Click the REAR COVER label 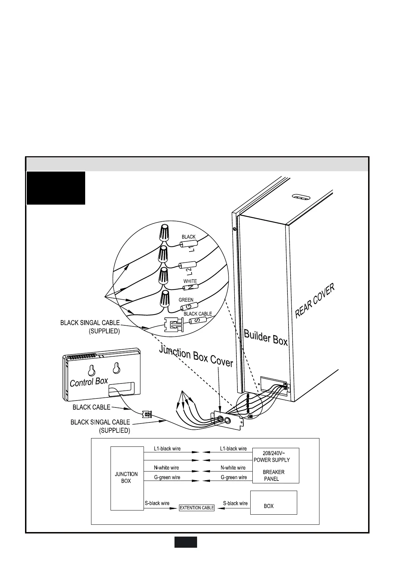(315, 301)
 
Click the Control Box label (89, 382)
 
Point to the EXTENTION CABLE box (197, 508)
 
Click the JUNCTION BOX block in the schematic (127, 477)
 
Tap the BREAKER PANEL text (273, 475)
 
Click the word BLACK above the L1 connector (188, 237)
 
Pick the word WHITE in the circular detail (190, 281)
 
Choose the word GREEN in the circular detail (186, 300)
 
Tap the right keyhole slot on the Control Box (116, 367)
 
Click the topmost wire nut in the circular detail (164, 233)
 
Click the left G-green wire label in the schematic (167, 477)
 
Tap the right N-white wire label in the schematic (233, 468)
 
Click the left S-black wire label (157, 503)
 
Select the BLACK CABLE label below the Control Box (91, 407)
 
